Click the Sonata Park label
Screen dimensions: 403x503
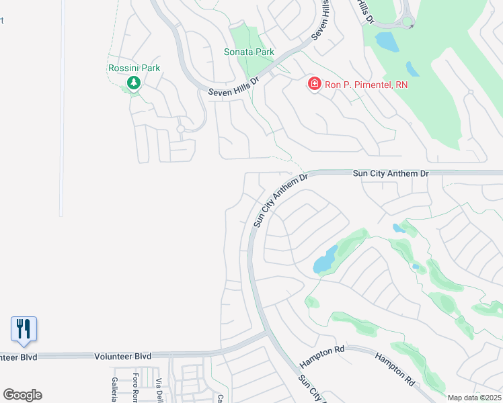(249, 52)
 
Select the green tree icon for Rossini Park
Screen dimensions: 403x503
(133, 83)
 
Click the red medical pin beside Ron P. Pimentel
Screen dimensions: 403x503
(314, 84)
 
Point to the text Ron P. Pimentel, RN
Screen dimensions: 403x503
(366, 85)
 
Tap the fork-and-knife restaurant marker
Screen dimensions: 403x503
(24, 328)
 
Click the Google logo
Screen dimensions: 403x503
(22, 395)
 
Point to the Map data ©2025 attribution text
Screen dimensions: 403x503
(473, 398)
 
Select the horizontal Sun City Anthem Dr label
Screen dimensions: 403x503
(391, 173)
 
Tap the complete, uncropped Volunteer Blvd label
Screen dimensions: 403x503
(122, 356)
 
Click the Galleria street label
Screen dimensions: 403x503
(114, 388)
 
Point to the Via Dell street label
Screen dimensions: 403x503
(159, 389)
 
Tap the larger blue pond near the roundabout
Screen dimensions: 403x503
(387, 42)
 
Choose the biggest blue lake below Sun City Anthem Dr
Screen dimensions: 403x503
(325, 260)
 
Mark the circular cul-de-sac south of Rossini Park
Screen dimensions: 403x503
(180, 128)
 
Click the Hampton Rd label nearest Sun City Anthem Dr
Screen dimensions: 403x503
(321, 356)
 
